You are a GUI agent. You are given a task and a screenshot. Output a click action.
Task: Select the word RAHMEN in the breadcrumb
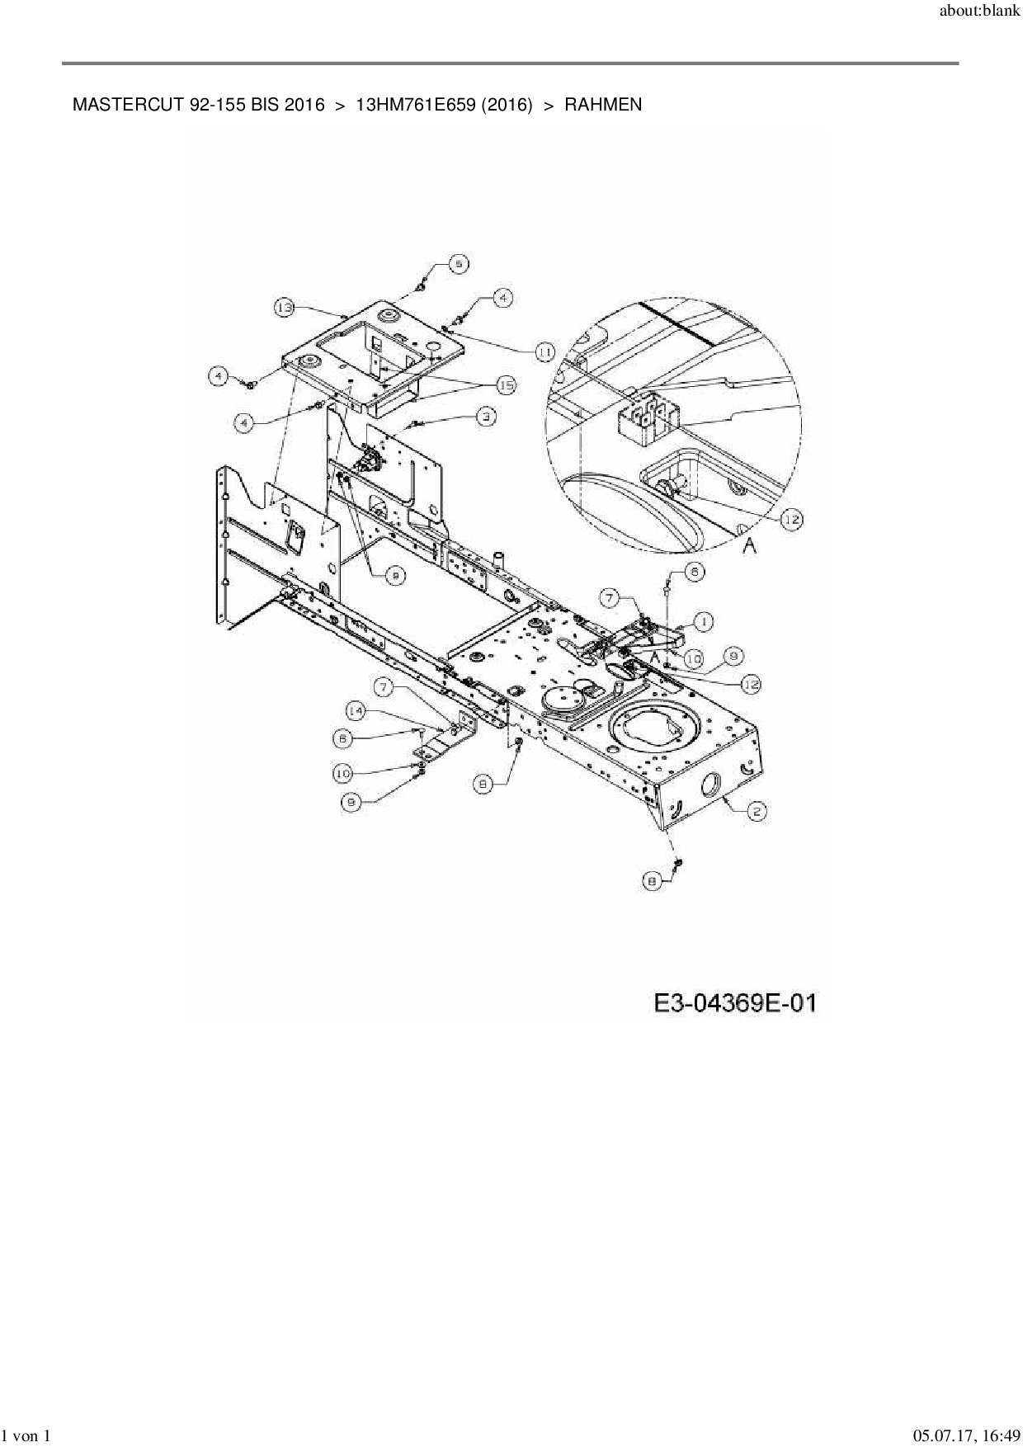603,106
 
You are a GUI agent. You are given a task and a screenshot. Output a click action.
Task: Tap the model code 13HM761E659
404,106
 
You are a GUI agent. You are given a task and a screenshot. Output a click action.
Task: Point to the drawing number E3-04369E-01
735,1003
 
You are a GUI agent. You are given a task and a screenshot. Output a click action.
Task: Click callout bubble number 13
285,308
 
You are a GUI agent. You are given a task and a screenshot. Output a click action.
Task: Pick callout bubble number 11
544,351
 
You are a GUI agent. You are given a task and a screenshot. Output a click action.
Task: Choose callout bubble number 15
505,384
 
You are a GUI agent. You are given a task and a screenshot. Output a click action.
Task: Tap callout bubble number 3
488,417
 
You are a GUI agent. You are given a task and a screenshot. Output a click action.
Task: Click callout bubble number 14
356,710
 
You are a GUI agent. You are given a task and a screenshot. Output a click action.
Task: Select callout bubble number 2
756,812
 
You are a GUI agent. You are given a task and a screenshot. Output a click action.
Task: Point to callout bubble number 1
703,620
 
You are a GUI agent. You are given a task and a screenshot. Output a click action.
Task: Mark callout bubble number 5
459,264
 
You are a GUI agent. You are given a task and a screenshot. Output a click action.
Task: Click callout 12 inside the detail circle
790,519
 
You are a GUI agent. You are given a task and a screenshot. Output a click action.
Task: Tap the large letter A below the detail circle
749,545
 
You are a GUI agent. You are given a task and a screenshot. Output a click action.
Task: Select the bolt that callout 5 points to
421,285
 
